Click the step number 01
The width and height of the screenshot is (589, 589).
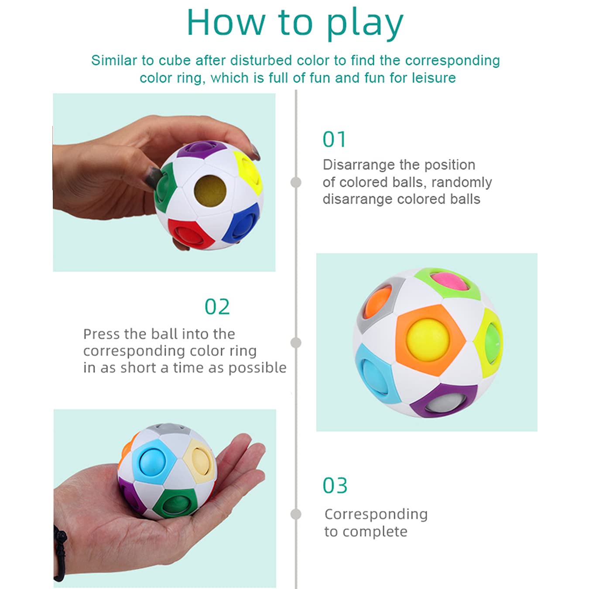(334, 139)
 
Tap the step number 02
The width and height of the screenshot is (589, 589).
(217, 307)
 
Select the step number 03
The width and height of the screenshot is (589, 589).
(335, 486)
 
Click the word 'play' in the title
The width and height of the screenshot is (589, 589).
(365, 24)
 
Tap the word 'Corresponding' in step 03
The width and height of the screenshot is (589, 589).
(376, 515)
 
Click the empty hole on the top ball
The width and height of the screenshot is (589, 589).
(210, 191)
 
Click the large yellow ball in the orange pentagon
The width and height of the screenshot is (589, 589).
(428, 339)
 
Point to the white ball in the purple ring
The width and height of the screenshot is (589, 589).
(446, 403)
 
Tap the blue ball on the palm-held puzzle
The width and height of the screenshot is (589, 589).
(152, 462)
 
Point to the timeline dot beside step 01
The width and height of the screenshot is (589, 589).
(295, 182)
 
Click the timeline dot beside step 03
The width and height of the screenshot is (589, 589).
(295, 514)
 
